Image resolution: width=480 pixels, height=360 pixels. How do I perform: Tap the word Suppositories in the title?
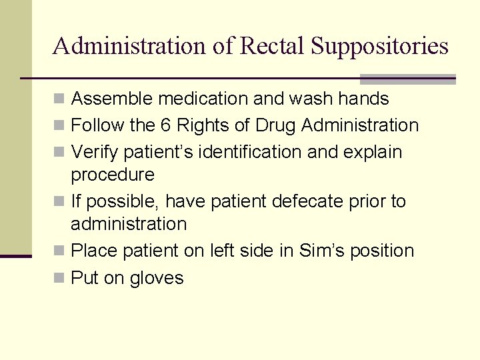pyautogui.click(x=380, y=46)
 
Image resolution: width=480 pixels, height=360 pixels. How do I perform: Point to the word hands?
pyautogui.click(x=363, y=99)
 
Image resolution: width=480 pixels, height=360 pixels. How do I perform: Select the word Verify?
pyautogui.click(x=93, y=152)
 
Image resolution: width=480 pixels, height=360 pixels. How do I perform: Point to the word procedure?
pyautogui.click(x=112, y=175)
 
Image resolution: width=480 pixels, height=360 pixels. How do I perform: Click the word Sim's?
pyautogui.click(x=327, y=251)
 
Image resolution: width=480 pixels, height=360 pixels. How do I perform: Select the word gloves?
pyautogui.click(x=157, y=278)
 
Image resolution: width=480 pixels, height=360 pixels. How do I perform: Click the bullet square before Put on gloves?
pyautogui.click(x=59, y=278)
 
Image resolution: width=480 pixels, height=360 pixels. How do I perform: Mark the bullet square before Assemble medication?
pyautogui.click(x=59, y=99)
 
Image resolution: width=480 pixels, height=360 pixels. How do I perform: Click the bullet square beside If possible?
pyautogui.click(x=59, y=201)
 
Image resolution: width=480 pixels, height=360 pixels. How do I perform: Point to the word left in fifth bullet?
pyautogui.click(x=222, y=251)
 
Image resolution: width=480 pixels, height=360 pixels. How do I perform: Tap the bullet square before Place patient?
pyautogui.click(x=59, y=251)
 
